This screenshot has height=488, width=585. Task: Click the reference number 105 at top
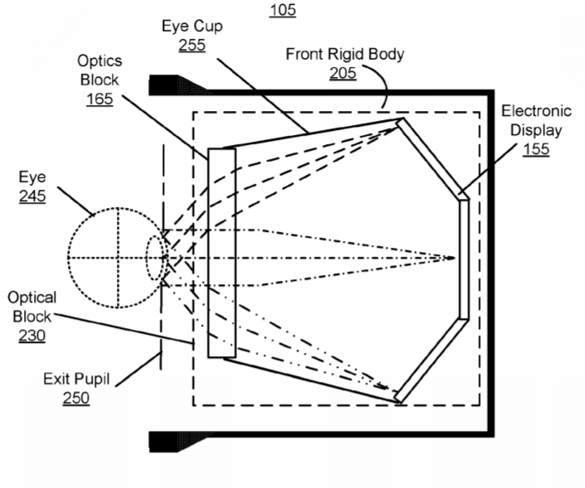pyautogui.click(x=283, y=10)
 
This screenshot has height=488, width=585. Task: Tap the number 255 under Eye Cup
pyautogui.click(x=191, y=45)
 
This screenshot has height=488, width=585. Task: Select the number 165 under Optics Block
pyautogui.click(x=99, y=99)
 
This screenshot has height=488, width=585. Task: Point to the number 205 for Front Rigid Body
pyautogui.click(x=342, y=73)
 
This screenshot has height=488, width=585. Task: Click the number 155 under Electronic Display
pyautogui.click(x=536, y=149)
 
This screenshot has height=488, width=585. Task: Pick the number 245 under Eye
pyautogui.click(x=32, y=196)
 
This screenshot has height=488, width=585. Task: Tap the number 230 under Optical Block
pyautogui.click(x=32, y=336)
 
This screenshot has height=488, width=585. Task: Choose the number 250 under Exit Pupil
pyautogui.click(x=75, y=398)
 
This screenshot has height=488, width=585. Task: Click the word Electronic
pyautogui.click(x=536, y=111)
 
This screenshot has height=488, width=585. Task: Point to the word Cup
pyautogui.click(x=209, y=27)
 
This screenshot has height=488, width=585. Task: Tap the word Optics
pyautogui.click(x=99, y=61)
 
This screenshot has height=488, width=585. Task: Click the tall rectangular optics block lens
pyautogui.click(x=222, y=253)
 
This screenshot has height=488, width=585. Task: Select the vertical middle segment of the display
pyautogui.click(x=464, y=259)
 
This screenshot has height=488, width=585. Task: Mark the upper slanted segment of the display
pyautogui.click(x=433, y=158)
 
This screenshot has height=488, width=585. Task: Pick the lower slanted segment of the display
pyautogui.click(x=432, y=360)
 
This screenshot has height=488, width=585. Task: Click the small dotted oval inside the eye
pyautogui.click(x=154, y=258)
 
